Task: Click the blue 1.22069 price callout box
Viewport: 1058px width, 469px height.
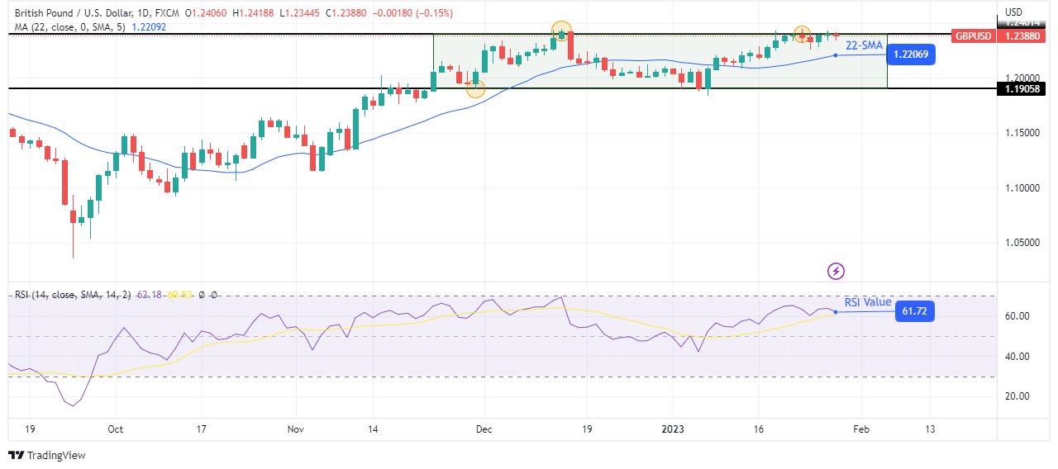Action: coord(911,54)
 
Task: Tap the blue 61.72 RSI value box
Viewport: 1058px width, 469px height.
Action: coord(914,311)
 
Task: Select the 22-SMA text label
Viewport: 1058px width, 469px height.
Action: coord(864,45)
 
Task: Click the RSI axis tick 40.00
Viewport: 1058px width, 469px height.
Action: coord(1016,357)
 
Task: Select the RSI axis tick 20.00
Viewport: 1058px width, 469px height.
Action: coord(1016,396)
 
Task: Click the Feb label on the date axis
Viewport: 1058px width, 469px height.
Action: coord(860,430)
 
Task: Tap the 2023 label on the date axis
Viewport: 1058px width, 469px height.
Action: coord(673,430)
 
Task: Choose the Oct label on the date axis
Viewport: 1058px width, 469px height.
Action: coord(116,430)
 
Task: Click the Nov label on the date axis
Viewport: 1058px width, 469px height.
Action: coord(296,430)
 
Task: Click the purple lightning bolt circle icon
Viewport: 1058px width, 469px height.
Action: coord(836,271)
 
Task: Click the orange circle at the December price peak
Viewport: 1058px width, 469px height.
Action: coord(562,31)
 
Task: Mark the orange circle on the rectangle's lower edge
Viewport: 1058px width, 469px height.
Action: coord(475,88)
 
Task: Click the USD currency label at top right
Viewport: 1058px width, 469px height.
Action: coord(1014,12)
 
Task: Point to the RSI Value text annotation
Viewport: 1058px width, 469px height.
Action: coord(868,302)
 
